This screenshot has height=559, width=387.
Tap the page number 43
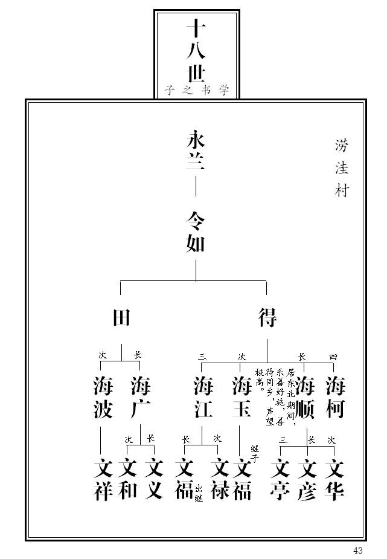click(358, 550)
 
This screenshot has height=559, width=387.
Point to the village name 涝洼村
click(342, 168)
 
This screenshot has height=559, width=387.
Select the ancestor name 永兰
click(196, 152)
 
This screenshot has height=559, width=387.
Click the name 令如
click(196, 232)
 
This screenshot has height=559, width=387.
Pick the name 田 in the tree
click(122, 317)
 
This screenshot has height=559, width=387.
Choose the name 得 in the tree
click(267, 317)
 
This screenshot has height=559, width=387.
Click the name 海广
click(140, 397)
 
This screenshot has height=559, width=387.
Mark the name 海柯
click(335, 397)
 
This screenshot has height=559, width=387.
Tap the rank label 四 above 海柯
click(333, 357)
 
